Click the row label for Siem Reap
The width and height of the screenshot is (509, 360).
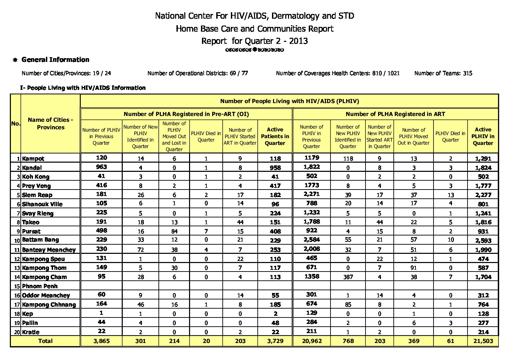pyautogui.click(x=37, y=195)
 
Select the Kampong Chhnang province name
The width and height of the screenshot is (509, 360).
pyautogui.click(x=49, y=305)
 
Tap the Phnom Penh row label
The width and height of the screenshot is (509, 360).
pyautogui.click(x=40, y=286)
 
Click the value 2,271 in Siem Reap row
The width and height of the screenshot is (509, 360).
pyautogui.click(x=311, y=194)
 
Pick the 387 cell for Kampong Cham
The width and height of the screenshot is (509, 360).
pyautogui.click(x=348, y=277)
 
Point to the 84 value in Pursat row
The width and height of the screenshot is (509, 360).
pyautogui.click(x=174, y=231)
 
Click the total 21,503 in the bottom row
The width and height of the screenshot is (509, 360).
pyautogui.click(x=483, y=341)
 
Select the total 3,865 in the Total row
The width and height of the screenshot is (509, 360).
pyautogui.click(x=101, y=341)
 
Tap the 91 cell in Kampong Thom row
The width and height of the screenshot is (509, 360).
pyautogui.click(x=413, y=268)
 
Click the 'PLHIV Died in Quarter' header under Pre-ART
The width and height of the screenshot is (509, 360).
pyautogui.click(x=206, y=136)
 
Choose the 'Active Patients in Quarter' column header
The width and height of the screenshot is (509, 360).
pyautogui.click(x=275, y=136)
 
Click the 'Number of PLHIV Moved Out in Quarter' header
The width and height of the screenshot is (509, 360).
pyautogui.click(x=413, y=136)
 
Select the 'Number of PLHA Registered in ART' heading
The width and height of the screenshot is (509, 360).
pyautogui.click(x=395, y=114)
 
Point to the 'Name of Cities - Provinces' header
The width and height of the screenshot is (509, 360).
pyautogui.click(x=50, y=124)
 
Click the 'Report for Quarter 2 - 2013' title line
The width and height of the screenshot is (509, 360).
pyautogui.click(x=254, y=41)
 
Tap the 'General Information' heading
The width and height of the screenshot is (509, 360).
pyautogui.click(x=55, y=60)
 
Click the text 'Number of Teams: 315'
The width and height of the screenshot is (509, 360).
pyautogui.click(x=443, y=73)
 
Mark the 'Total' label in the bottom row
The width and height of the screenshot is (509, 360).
pyautogui.click(x=46, y=341)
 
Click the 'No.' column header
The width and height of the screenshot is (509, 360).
pyautogui.click(x=16, y=124)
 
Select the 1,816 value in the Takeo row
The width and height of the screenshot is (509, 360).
pyautogui.click(x=483, y=222)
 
